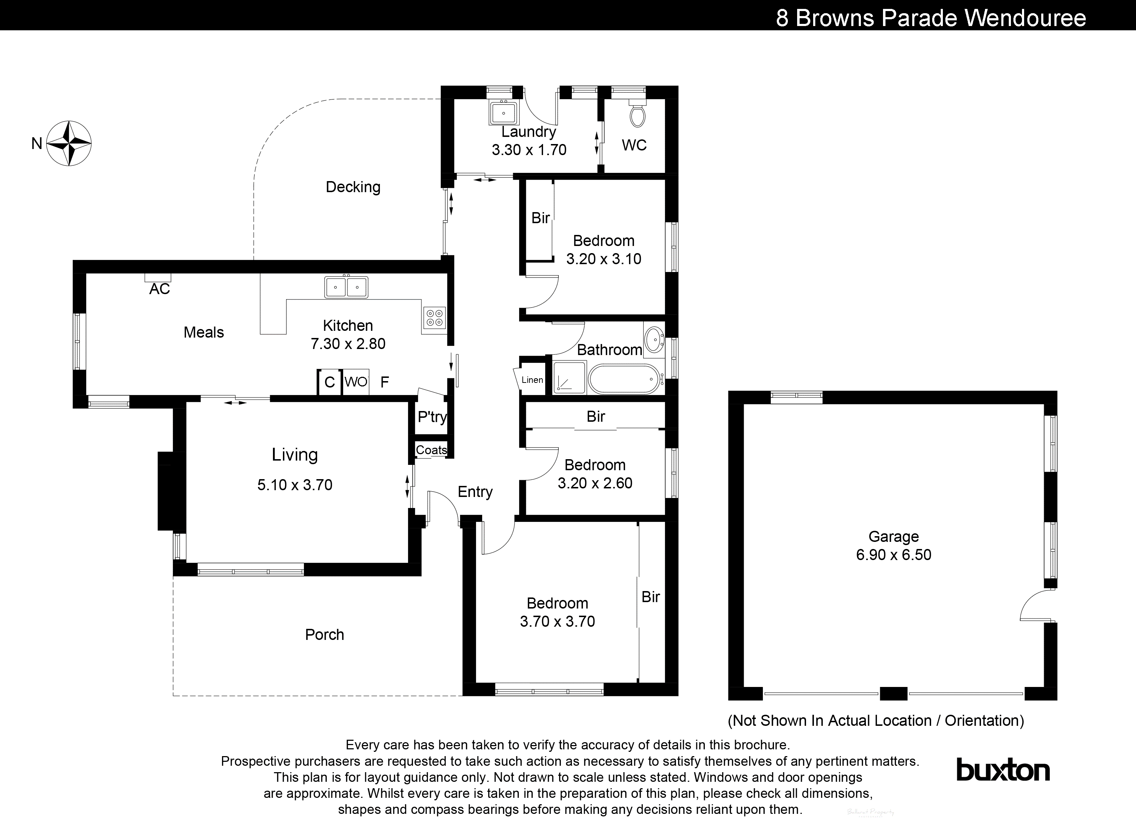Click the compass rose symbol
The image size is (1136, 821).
(x=69, y=143)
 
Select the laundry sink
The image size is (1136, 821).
(x=504, y=113)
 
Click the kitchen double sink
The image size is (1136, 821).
(x=346, y=287)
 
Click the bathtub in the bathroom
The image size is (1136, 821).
(x=624, y=379)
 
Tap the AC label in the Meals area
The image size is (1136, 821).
(x=159, y=289)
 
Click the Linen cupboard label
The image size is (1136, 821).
(x=532, y=380)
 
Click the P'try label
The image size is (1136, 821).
(x=432, y=416)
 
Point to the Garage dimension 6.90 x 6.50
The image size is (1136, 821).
(x=894, y=555)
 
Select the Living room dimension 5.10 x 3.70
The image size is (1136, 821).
(x=295, y=485)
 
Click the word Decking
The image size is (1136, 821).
(x=353, y=187)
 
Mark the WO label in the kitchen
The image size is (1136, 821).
(x=356, y=382)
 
